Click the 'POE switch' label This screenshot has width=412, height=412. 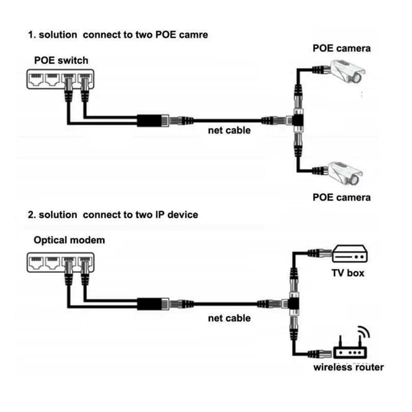pyautogui.click(x=61, y=60)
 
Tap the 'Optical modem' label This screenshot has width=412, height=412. pyautogui.click(x=69, y=240)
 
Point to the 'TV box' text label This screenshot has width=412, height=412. pyautogui.click(x=348, y=273)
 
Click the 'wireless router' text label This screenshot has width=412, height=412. pyautogui.click(x=349, y=367)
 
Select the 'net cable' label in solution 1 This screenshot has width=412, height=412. pyautogui.click(x=229, y=130)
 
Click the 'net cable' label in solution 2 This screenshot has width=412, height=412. pyautogui.click(x=229, y=318)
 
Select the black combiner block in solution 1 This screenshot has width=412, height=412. pyautogui.click(x=150, y=121)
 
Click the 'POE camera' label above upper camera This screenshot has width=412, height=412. pyautogui.click(x=341, y=48)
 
